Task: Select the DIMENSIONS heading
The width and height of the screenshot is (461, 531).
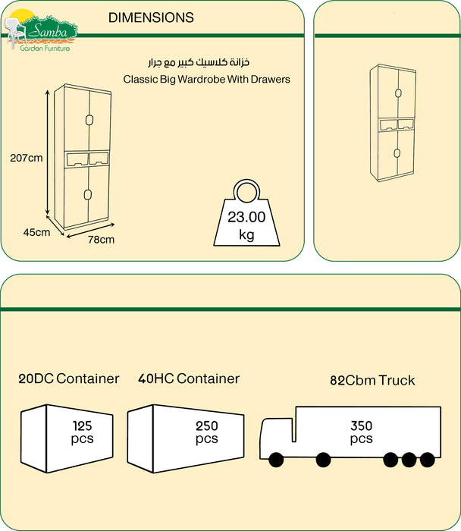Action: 151,17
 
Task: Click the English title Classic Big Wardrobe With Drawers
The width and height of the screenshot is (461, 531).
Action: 206,79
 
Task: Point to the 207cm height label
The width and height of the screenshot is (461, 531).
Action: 25,159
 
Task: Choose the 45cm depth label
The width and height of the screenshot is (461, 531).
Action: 36,232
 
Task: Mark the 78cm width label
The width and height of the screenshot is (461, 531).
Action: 101,240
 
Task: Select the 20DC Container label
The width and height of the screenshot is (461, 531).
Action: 69,379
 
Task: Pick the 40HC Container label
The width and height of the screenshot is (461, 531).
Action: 188,379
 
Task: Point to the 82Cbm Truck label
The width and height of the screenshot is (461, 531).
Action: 372,380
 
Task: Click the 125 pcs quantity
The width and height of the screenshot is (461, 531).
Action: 82,432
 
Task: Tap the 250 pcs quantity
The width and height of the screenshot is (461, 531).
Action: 206,432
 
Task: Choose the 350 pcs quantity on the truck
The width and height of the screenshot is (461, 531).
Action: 361,432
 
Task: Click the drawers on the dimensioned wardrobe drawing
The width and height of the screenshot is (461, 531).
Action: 88,158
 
